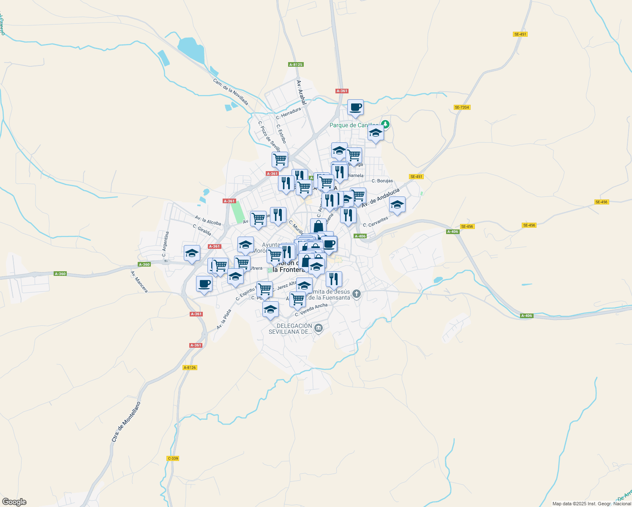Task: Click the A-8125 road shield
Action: pyautogui.click(x=296, y=65)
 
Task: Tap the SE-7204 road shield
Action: pyautogui.click(x=462, y=107)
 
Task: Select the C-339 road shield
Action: pyautogui.click(x=173, y=458)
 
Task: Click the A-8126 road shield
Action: pyautogui.click(x=190, y=368)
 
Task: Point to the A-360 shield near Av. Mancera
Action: pyautogui.click(x=144, y=264)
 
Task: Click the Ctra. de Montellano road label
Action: pyautogui.click(x=125, y=422)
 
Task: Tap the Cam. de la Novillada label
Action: pyautogui.click(x=230, y=92)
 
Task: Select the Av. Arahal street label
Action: pyautogui.click(x=301, y=93)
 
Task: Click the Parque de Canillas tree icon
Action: pyautogui.click(x=385, y=125)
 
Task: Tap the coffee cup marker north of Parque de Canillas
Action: pyautogui.click(x=355, y=107)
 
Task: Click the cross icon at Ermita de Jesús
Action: pyautogui.click(x=357, y=294)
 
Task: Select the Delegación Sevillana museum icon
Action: pyautogui.click(x=319, y=328)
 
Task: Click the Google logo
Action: pyautogui.click(x=14, y=502)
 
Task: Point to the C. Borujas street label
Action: pyautogui.click(x=382, y=181)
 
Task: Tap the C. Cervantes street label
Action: pyautogui.click(x=375, y=222)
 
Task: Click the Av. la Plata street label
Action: pyautogui.click(x=224, y=319)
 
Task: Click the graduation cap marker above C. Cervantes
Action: pyautogui.click(x=397, y=205)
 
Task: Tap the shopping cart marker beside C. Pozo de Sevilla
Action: pyautogui.click(x=280, y=160)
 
